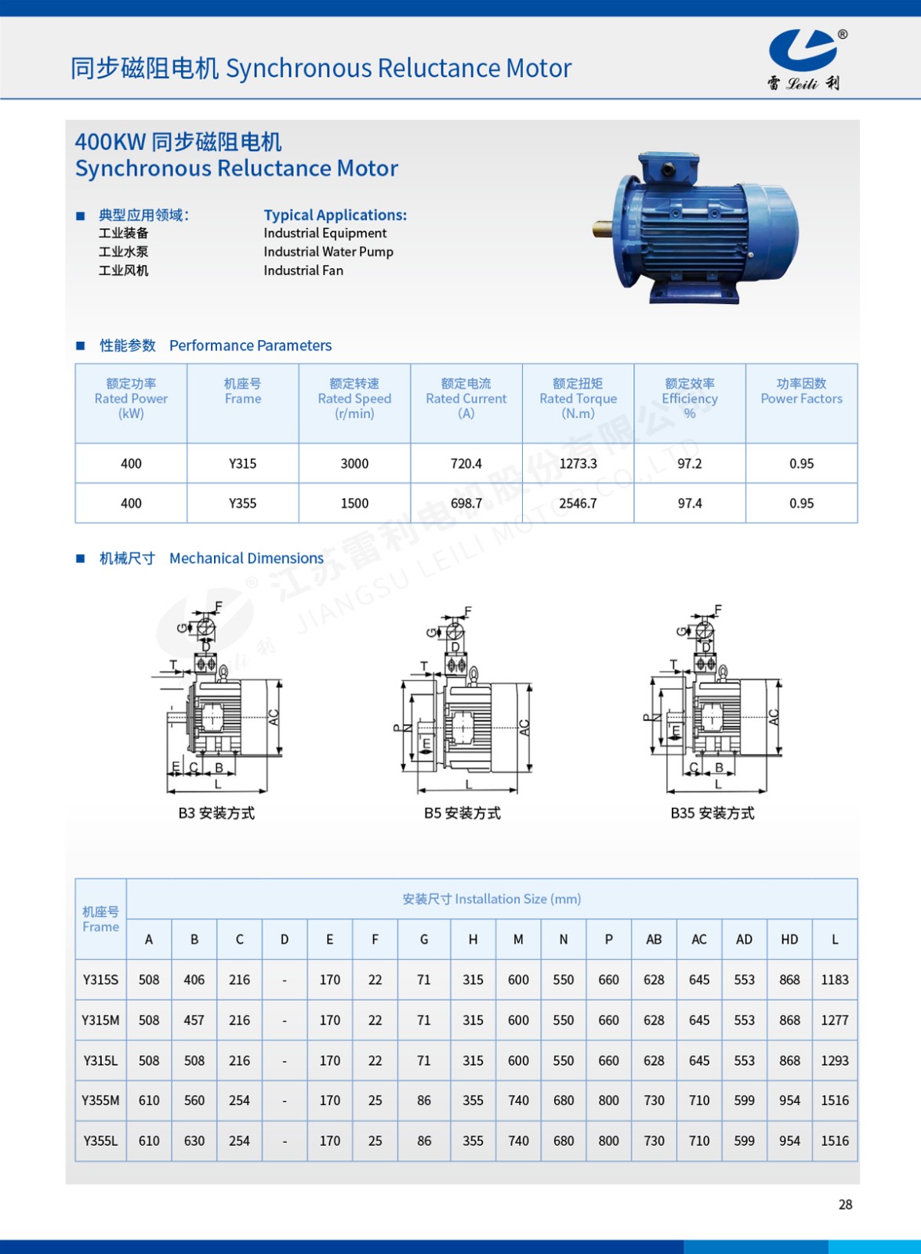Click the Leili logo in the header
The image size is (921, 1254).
tap(804, 59)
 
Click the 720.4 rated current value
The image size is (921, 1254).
tap(466, 463)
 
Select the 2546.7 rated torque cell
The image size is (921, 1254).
tap(578, 503)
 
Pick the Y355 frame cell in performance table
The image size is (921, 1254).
tap(243, 503)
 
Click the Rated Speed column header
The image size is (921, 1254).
tap(354, 398)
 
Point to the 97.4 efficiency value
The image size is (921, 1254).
tap(690, 503)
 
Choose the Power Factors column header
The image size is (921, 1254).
tap(801, 391)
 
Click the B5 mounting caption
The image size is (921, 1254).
tap(462, 814)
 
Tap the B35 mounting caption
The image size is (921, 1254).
tap(713, 814)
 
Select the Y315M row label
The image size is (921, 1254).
tap(101, 1020)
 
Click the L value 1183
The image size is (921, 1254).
tap(835, 980)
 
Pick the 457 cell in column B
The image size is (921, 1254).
tap(194, 1020)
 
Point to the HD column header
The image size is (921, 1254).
tap(789, 939)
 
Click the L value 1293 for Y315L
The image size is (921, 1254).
tap(835, 1060)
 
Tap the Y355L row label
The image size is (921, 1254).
tap(101, 1141)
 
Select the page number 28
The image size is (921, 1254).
tap(845, 1205)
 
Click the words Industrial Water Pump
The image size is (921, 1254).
tap(328, 252)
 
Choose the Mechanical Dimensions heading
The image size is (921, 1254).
tap(246, 558)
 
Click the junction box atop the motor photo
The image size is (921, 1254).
tap(669, 168)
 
